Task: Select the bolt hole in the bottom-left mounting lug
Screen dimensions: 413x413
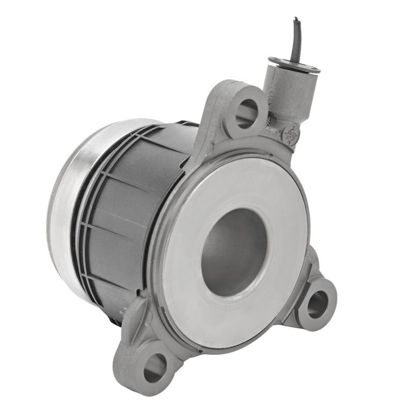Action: (155, 368)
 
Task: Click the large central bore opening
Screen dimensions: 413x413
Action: (233, 251)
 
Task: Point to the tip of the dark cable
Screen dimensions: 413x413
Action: (296, 20)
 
